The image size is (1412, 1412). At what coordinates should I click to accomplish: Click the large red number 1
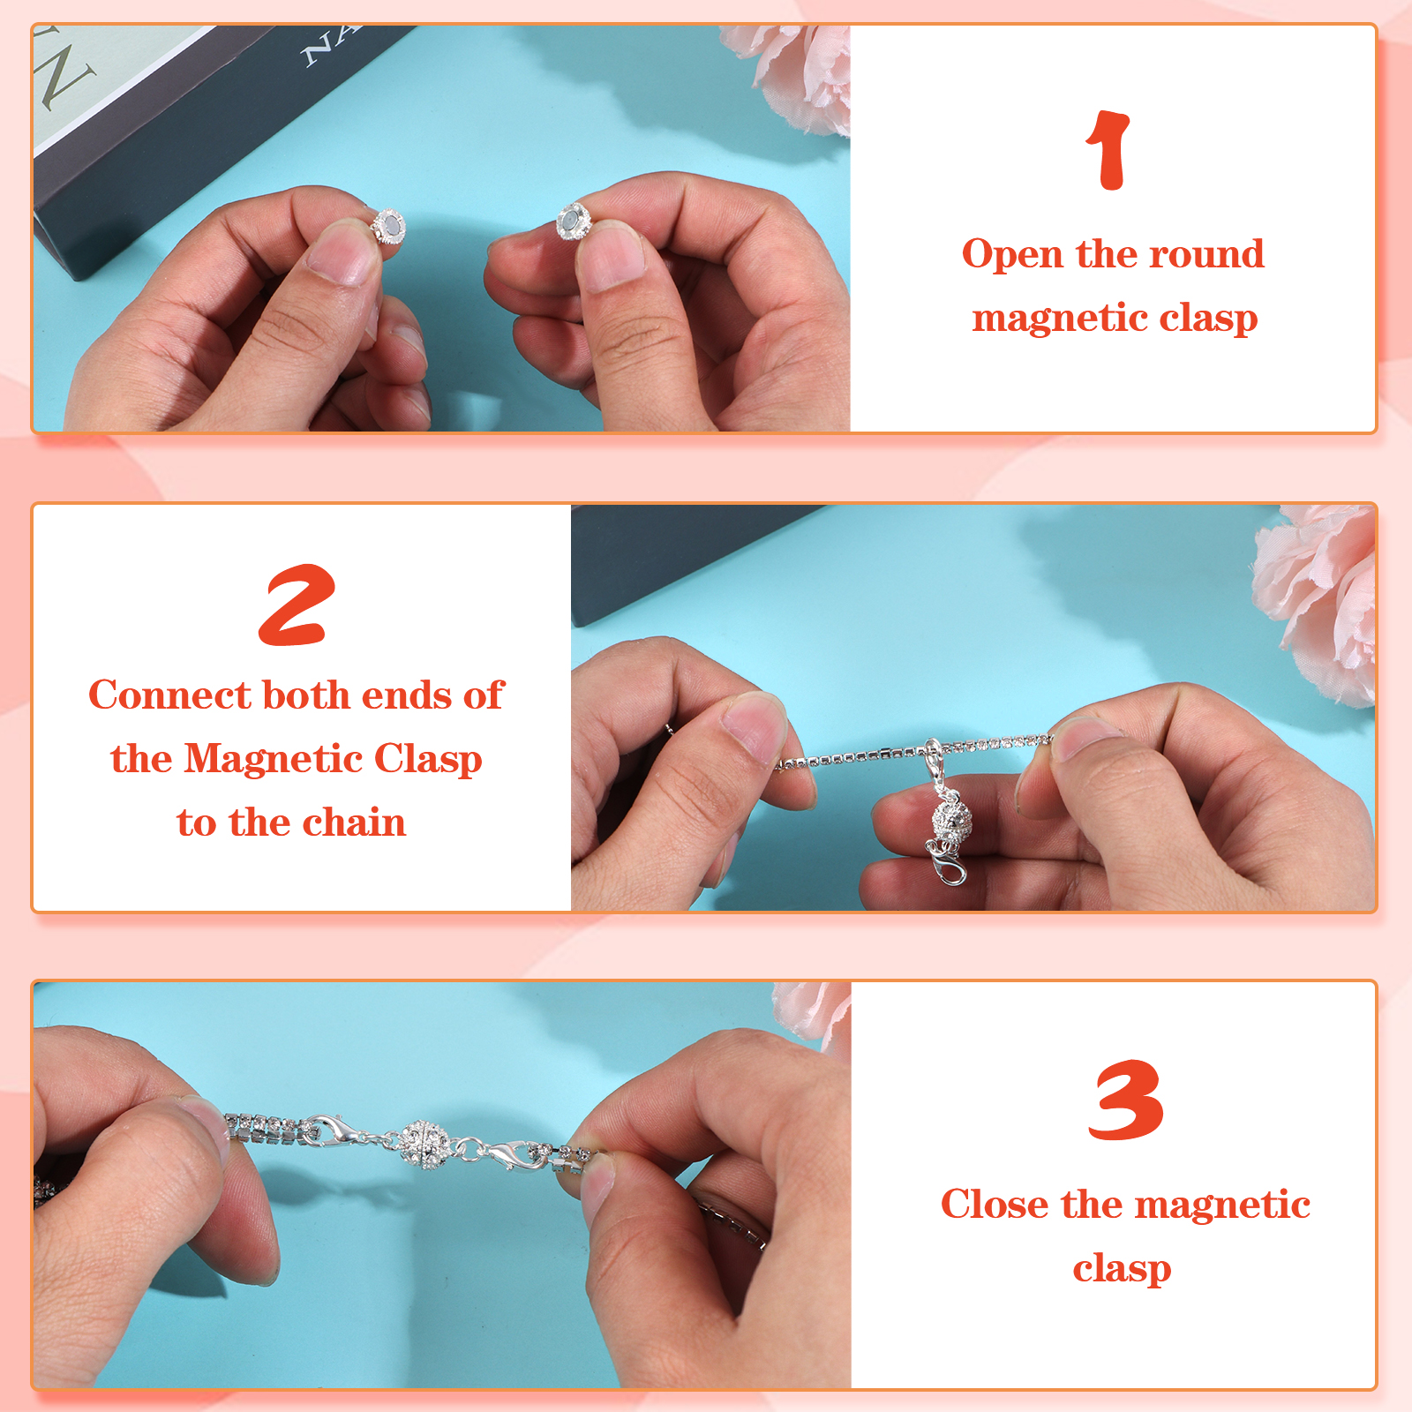point(1108,150)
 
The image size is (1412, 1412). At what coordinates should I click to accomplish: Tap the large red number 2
point(297,605)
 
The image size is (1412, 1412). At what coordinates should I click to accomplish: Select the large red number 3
point(1125,1100)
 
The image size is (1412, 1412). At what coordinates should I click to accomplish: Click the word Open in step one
point(1012,255)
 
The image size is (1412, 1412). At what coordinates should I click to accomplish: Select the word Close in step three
point(995,1204)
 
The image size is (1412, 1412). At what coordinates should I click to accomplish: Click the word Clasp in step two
point(428,760)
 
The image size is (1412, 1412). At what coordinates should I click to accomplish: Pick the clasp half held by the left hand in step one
point(388,226)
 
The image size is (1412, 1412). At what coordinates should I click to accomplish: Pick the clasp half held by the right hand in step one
point(574,221)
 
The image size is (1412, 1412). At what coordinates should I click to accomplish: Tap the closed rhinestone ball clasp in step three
point(425,1145)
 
